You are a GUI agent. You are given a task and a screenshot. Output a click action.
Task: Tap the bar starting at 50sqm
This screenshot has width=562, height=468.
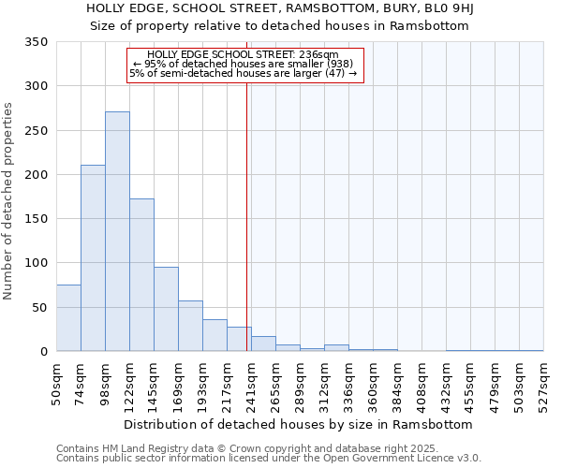pos(68,318)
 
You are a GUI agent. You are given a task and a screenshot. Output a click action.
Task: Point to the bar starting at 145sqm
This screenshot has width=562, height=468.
pos(166,310)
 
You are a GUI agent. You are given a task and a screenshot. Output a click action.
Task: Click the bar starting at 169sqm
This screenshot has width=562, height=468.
pos(190,327)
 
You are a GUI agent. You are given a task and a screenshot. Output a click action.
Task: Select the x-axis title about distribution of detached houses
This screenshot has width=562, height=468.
pos(298,424)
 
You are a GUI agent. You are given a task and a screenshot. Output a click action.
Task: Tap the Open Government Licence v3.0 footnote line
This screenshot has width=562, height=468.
pos(269,459)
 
